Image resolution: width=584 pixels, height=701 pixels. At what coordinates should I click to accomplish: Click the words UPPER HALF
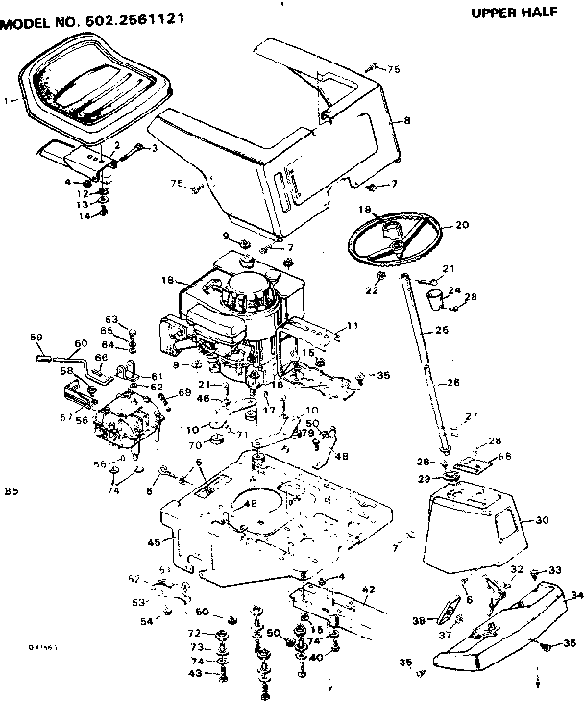point(518,13)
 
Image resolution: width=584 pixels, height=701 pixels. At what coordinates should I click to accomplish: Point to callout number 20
point(461,225)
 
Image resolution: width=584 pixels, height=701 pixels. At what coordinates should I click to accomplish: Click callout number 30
point(542,520)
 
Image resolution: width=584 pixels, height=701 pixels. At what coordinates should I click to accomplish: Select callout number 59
point(36,336)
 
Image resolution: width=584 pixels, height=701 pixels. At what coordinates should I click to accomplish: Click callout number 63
point(110,320)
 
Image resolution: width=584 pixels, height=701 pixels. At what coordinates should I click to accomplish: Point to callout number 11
point(352,326)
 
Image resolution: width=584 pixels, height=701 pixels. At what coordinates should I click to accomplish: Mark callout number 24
point(454,290)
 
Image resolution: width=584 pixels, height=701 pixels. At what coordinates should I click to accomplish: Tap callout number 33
point(554,570)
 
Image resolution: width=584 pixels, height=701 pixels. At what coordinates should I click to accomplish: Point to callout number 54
point(147,622)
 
